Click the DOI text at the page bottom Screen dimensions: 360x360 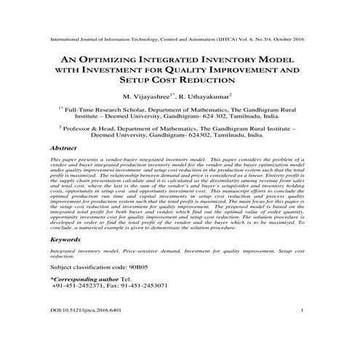coord(81,332)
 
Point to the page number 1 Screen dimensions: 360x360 coord(311,332)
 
